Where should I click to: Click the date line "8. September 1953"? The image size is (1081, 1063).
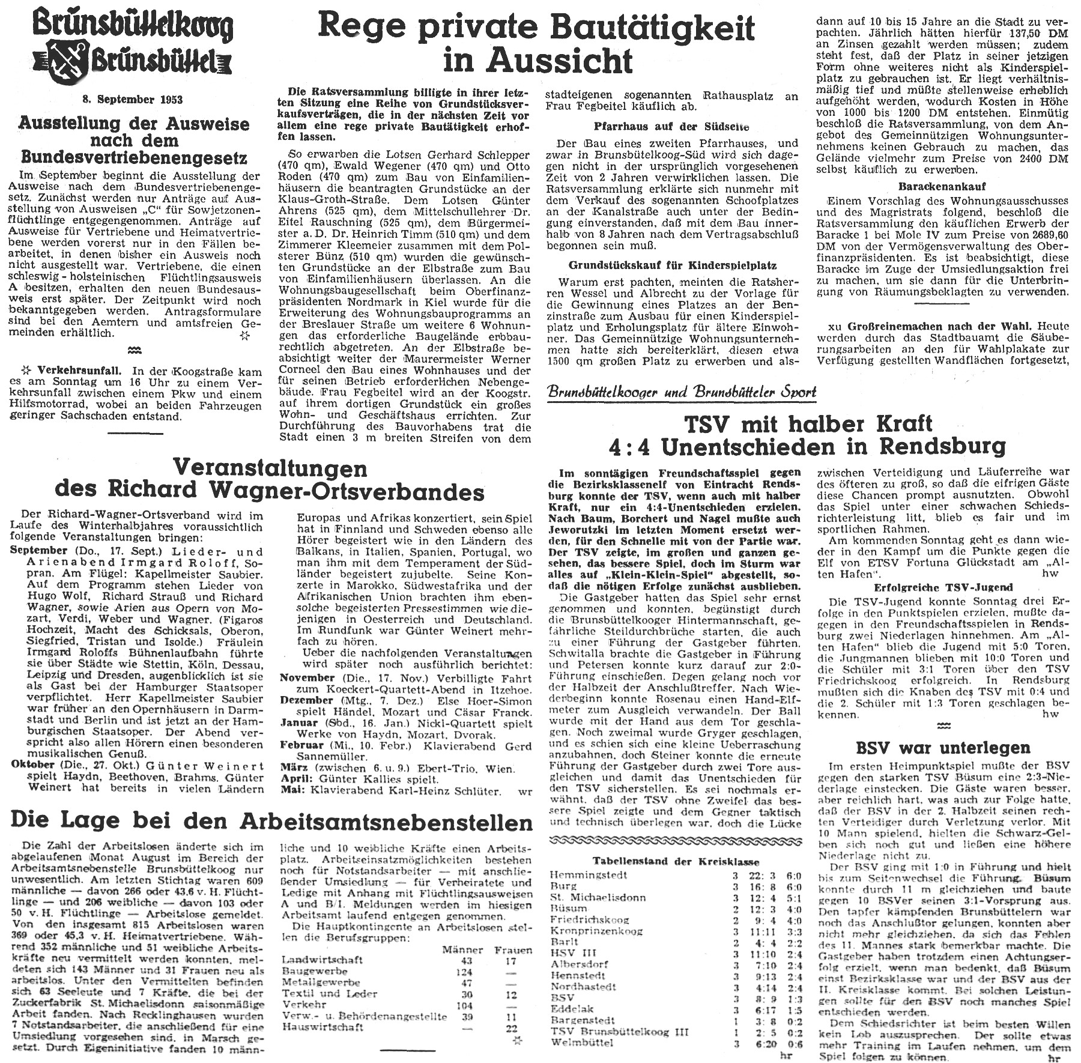[x=132, y=100]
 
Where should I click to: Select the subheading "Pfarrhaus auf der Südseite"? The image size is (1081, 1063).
[x=672, y=127]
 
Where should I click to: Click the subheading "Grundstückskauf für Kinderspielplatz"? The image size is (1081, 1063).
[x=672, y=265]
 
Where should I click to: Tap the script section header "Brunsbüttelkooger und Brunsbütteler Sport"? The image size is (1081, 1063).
[x=682, y=392]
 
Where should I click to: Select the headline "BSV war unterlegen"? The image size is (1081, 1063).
[x=942, y=747]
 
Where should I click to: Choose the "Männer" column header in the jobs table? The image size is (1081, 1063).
[x=462, y=949]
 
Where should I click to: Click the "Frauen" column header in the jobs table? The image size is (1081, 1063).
[x=513, y=949]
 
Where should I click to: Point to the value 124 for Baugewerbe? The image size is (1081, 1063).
[x=464, y=971]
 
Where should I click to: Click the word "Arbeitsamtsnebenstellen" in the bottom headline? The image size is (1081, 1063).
[x=386, y=820]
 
